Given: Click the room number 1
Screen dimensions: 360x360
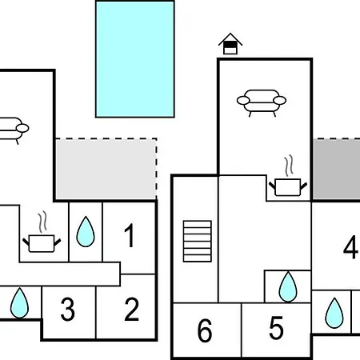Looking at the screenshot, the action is [130, 235].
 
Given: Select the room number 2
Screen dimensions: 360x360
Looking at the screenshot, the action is [132, 309].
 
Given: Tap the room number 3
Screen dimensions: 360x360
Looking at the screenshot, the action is [68, 309].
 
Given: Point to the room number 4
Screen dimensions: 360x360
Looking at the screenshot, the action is [350, 247].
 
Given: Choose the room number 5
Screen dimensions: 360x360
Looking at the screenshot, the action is [276, 328].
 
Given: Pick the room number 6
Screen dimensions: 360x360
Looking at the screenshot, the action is [205, 330].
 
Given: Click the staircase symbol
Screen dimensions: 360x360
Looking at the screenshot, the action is [198, 241].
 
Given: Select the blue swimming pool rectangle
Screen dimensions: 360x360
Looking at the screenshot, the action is [135, 59].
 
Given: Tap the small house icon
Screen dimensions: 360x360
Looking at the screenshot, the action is [230, 44].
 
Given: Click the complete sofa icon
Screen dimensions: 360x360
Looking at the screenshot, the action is [262, 103].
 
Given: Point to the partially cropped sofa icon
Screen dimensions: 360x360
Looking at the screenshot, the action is [14, 130].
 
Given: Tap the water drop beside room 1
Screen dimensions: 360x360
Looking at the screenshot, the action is [86, 231].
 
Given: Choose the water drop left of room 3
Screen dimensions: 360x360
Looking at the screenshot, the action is [19, 302].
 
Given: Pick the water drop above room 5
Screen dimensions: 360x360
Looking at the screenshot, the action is [288, 286].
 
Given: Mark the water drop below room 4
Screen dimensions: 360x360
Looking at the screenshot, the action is [334, 313].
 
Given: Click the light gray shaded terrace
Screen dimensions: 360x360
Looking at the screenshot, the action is [106, 169].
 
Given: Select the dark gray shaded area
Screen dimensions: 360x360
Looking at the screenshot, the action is [337, 169].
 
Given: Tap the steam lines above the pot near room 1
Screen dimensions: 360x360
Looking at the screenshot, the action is [42, 222].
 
